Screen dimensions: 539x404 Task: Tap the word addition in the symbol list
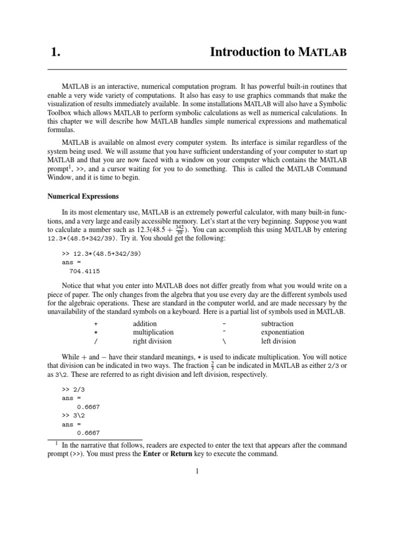145,324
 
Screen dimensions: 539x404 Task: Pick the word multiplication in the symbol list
153,332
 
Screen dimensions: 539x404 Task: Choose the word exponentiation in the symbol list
282,332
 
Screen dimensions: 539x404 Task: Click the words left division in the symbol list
278,341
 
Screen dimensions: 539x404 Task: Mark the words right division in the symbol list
152,341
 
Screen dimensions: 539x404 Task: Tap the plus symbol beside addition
96,324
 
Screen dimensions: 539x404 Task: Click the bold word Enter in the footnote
152,454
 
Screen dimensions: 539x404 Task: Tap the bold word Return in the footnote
181,454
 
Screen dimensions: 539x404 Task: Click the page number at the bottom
197,471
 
